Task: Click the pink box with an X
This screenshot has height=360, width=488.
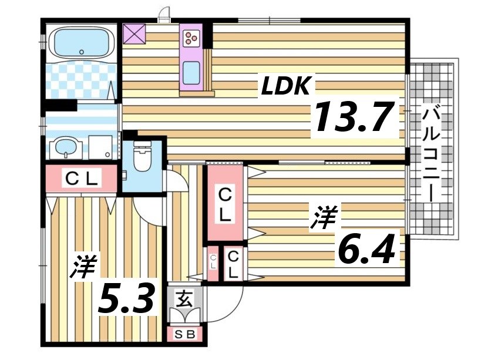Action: pyautogui.click(x=134, y=34)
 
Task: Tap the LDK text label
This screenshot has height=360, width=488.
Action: pyautogui.click(x=285, y=86)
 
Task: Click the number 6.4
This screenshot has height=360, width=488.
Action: pyautogui.click(x=364, y=249)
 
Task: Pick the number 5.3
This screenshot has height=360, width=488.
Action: pyautogui.click(x=127, y=300)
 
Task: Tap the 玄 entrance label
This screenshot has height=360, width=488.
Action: pyautogui.click(x=184, y=300)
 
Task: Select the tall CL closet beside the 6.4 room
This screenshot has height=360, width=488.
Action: pyautogui.click(x=224, y=203)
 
